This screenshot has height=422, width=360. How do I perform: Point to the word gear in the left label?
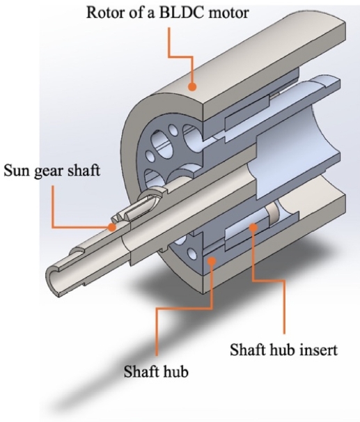tap(49, 172)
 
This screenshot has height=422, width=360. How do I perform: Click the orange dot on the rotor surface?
tap(192, 86)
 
